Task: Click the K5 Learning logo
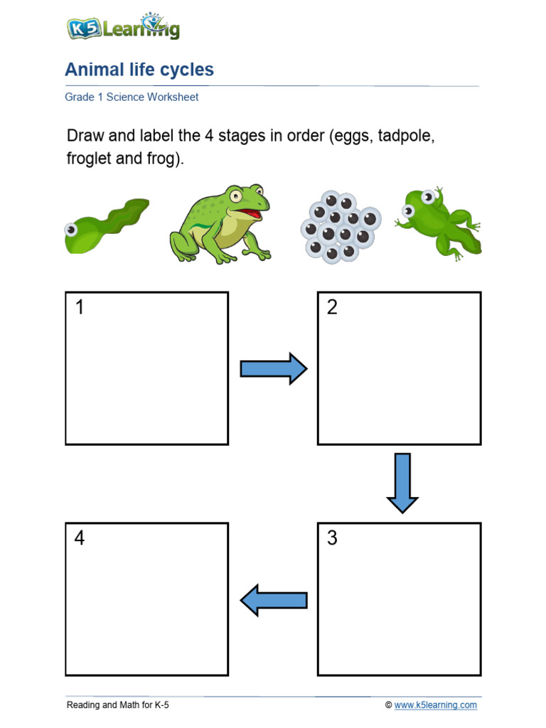pos(122,28)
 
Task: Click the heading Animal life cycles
pos(139,70)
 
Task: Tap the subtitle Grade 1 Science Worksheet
pos(132,97)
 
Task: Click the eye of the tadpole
pos(72,230)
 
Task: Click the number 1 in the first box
pos(80,308)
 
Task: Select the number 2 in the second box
pos(332,308)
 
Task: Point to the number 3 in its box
pos(332,539)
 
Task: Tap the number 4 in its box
pos(80,539)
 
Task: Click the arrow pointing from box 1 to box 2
pos(273,369)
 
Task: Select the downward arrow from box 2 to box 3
pos(402,483)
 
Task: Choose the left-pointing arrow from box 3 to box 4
pos(274,600)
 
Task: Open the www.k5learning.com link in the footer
pos(435,705)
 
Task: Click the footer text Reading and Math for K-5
pos(117,705)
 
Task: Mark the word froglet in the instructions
pos(88,159)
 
